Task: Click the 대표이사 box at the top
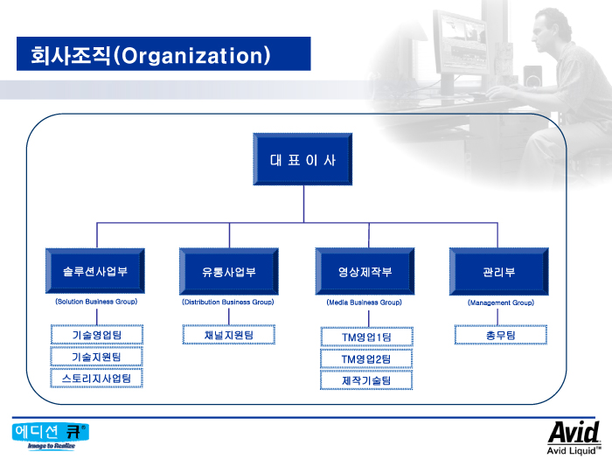coord(303,160)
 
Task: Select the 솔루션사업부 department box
coord(95,272)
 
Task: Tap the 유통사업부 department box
coord(229,272)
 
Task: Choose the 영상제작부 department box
coord(365,272)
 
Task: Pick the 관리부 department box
coord(498,272)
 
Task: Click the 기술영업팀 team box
coord(96,335)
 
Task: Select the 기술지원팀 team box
coord(96,357)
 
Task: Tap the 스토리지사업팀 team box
coord(96,379)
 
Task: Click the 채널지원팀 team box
coord(229,335)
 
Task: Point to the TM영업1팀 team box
coord(366,337)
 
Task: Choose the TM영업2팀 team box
coord(366,358)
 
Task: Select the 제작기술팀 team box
coord(366,380)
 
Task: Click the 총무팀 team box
coord(500,335)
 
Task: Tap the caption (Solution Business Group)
coord(96,302)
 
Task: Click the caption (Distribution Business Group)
coord(228,302)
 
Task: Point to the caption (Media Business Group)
coord(365,303)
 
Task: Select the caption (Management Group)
coord(500,303)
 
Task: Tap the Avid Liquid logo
coord(574,437)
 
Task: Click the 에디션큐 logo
coord(51,435)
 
